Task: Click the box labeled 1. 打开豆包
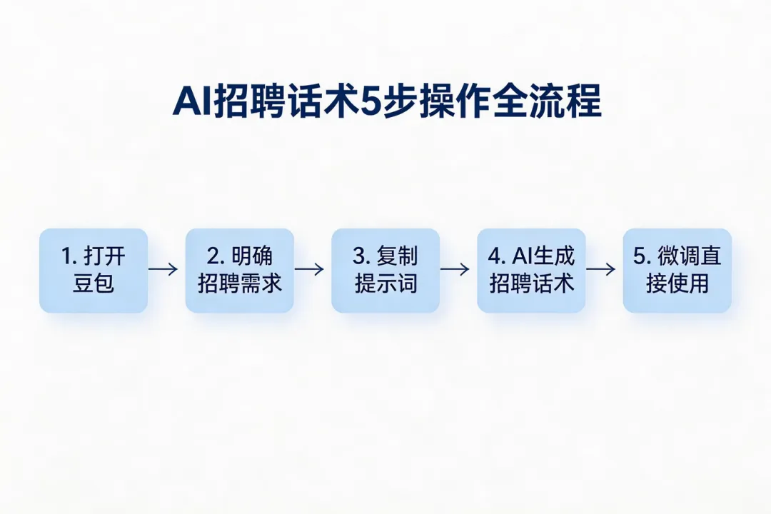pos(94,271)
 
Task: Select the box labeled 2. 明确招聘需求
pos(239,271)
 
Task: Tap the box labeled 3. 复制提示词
pos(385,271)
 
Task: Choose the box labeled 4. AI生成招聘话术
pos(531,271)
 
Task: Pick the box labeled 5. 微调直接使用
pos(677,271)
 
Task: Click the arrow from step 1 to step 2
pos(163,269)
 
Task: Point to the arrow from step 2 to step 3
pos(309,269)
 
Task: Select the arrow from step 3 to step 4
pos(455,269)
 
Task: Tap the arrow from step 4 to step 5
pos(600,269)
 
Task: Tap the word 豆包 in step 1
pos(94,283)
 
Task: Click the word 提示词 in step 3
pos(385,283)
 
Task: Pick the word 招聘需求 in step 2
pos(240,283)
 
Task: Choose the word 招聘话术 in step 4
pos(531,283)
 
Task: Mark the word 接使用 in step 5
pos(677,283)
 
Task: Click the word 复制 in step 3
pos(397,257)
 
